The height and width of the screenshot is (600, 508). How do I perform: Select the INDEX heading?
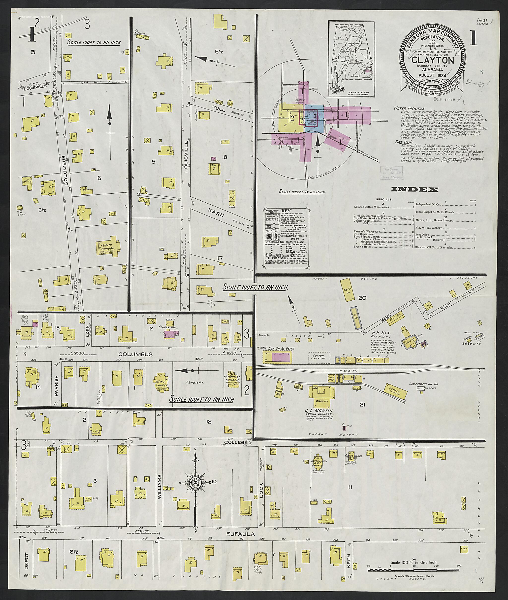414,189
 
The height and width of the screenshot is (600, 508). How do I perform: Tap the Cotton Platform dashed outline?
319,357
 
